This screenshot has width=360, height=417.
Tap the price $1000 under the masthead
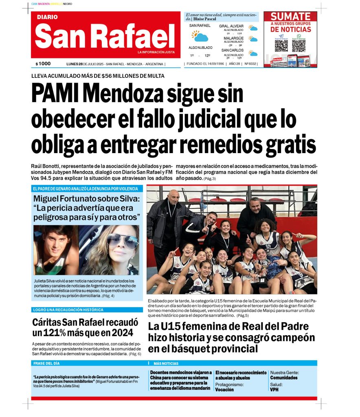(43, 64)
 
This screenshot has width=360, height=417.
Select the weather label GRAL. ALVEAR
(231, 26)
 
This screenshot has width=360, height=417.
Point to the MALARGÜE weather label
(233, 38)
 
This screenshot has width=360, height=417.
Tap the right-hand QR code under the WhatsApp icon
(299, 45)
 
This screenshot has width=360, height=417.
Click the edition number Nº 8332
(250, 64)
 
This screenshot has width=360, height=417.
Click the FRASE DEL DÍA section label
(46, 363)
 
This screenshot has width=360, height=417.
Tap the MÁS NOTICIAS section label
(166, 363)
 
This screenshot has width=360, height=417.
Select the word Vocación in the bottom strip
(224, 390)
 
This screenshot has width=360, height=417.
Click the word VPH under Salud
(274, 389)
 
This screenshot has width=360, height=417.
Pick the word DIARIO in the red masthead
(47, 17)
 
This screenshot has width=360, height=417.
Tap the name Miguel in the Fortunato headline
(47, 200)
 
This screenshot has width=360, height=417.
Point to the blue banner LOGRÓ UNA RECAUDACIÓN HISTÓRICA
(68, 310)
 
